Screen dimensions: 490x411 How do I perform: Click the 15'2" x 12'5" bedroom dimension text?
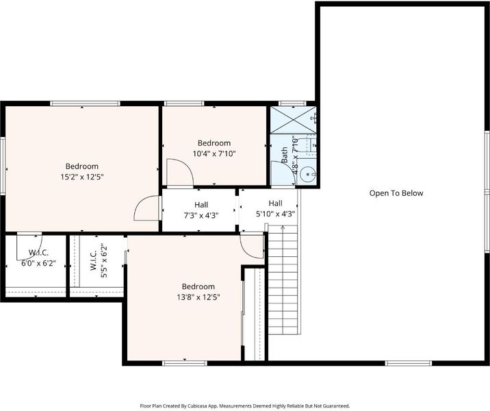[x=82, y=177]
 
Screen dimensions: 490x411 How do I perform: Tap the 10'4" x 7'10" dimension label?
[x=214, y=154]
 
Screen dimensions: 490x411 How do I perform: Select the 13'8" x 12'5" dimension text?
[x=198, y=297]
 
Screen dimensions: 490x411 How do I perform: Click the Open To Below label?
[x=396, y=193]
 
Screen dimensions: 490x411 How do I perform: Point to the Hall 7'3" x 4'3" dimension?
[x=201, y=216]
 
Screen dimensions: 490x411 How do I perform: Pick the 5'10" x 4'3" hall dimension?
[x=276, y=214]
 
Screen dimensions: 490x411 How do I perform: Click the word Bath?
[x=285, y=155]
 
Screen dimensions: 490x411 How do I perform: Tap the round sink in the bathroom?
[x=308, y=174]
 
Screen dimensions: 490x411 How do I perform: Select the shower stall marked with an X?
[x=293, y=120]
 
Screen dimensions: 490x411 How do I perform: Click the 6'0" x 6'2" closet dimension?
[x=39, y=263]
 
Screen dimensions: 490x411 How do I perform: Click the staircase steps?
[x=283, y=279]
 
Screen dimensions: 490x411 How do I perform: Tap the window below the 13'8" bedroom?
[x=185, y=363]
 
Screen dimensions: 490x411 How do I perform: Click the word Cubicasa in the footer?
[x=196, y=406]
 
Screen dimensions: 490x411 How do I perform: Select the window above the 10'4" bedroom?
[x=184, y=103]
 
